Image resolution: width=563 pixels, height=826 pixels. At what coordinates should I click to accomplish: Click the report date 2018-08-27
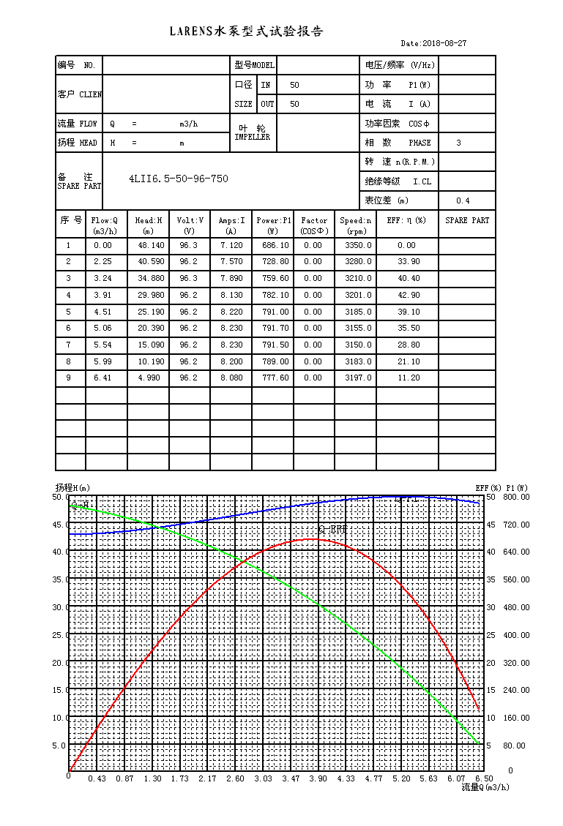[x=444, y=43]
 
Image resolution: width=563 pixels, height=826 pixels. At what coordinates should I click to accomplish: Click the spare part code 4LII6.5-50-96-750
[x=179, y=179]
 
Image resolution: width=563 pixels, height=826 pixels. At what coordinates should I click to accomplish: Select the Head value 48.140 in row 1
[x=152, y=245]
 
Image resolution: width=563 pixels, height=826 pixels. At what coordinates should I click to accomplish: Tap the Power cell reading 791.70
[x=276, y=328]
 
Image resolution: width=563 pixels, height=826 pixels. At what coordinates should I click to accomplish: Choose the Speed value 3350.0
[x=359, y=245]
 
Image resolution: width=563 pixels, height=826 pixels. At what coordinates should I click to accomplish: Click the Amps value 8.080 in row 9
[x=231, y=378]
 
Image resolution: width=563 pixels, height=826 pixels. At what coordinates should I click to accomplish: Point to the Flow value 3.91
[x=102, y=295]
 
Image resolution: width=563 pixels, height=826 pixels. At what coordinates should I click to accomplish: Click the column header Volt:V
[x=190, y=220]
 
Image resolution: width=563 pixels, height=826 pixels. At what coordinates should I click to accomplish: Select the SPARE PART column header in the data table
[x=467, y=220]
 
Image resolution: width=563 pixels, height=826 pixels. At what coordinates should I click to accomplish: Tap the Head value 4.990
[x=149, y=378]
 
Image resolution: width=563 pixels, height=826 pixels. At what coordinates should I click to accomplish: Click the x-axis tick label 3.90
[x=318, y=778]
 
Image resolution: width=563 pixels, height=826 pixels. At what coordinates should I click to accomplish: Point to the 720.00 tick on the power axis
[x=516, y=525]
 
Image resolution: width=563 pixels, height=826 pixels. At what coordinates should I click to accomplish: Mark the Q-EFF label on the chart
[x=333, y=529]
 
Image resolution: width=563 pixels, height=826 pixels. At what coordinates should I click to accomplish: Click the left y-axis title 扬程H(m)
[x=72, y=488]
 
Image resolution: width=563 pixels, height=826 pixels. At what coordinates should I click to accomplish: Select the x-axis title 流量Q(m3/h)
[x=485, y=787]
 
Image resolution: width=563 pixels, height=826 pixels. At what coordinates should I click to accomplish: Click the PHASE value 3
[x=458, y=143]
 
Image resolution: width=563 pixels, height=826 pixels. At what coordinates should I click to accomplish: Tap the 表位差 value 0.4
[x=463, y=200]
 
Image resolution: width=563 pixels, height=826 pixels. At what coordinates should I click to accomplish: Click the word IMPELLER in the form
[x=252, y=137]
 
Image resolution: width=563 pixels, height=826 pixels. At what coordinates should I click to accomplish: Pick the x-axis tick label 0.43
[x=97, y=778]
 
